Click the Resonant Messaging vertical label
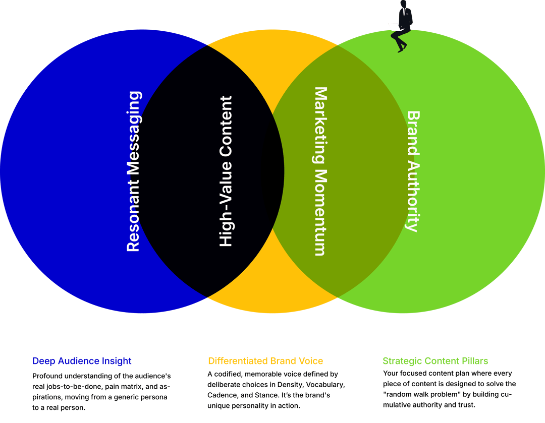134,171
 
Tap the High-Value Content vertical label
226,171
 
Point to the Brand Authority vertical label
413,171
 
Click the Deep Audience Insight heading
82,361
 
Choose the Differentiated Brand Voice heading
265,361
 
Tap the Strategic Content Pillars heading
435,361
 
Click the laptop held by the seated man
393,27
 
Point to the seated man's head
404,4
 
